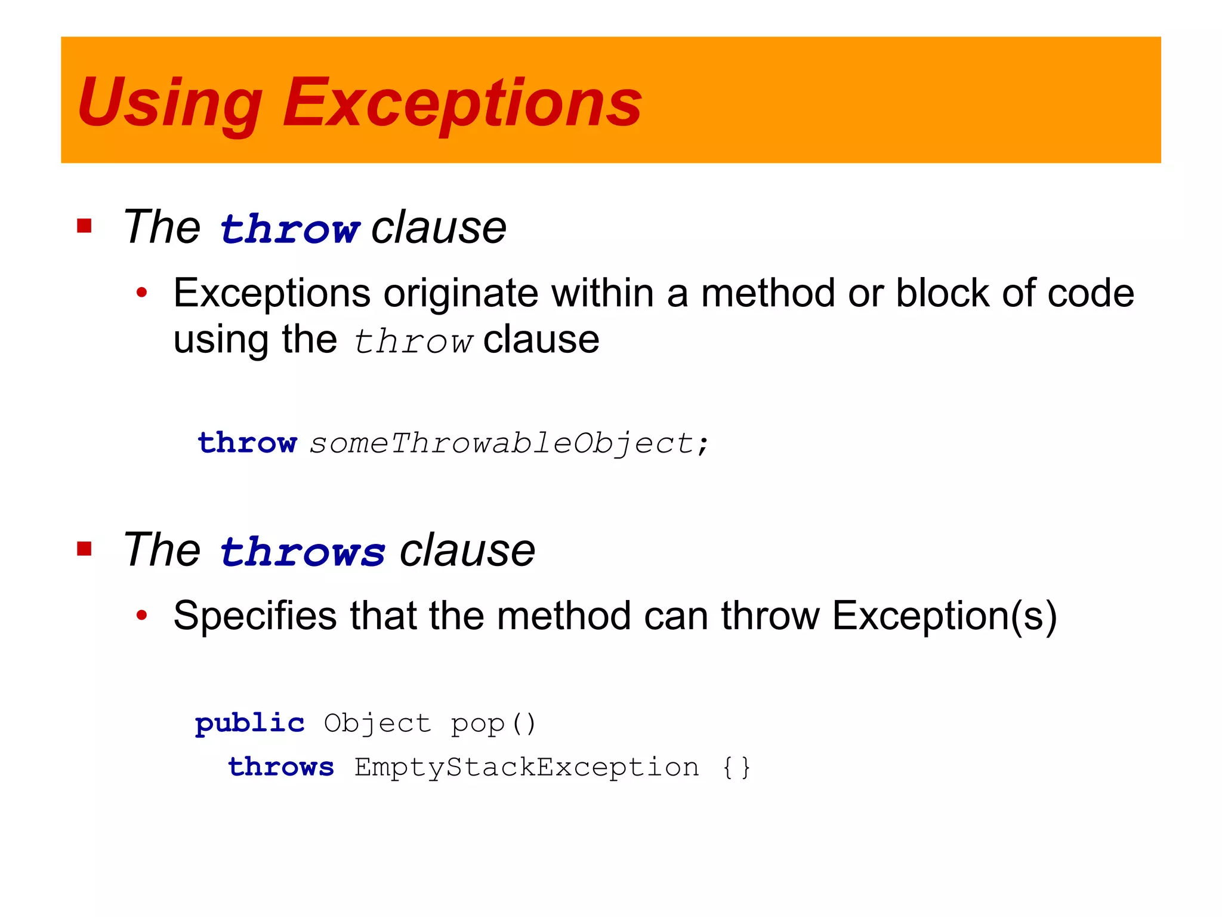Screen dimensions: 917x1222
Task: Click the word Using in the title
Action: click(x=169, y=103)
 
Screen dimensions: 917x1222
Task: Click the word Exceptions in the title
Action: click(x=462, y=103)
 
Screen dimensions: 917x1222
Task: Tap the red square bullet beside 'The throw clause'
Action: click(x=84, y=226)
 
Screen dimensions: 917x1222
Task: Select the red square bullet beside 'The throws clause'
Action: click(x=84, y=549)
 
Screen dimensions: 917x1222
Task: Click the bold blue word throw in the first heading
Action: click(x=289, y=229)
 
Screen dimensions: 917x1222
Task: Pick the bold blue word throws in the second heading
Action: click(x=303, y=551)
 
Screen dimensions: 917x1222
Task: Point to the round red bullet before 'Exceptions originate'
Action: click(x=141, y=293)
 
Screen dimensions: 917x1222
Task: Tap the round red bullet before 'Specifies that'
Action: click(x=141, y=615)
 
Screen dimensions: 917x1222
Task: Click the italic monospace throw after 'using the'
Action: click(x=413, y=341)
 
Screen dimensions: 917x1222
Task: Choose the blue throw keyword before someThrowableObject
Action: click(x=247, y=443)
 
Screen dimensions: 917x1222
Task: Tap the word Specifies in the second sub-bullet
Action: click(x=255, y=616)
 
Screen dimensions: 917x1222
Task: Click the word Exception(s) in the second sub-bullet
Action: click(x=944, y=616)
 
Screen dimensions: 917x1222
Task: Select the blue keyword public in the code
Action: click(x=249, y=724)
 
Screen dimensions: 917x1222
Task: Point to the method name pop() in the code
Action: click(x=493, y=724)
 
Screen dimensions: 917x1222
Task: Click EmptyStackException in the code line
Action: click(x=526, y=767)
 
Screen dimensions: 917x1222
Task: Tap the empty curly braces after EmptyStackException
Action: click(x=736, y=767)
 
